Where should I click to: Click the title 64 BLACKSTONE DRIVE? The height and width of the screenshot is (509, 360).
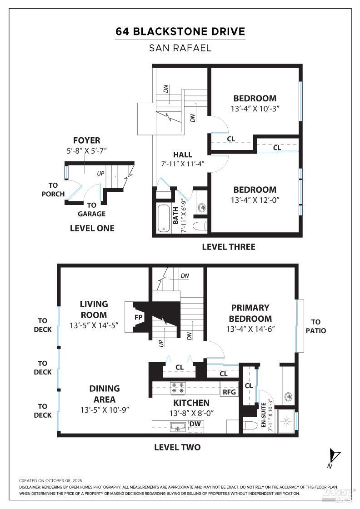tap(180, 31)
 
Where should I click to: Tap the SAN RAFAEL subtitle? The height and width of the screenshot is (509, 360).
tap(180, 48)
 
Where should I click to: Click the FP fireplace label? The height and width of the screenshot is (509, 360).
tap(138, 317)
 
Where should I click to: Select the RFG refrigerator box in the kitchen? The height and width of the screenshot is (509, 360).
tap(229, 391)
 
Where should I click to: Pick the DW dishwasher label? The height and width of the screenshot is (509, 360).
tap(195, 424)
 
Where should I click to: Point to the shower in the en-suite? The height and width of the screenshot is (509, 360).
tap(286, 421)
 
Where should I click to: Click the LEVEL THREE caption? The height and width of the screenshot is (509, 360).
tap(229, 247)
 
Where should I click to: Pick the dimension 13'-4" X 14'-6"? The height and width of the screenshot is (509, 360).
tap(250, 329)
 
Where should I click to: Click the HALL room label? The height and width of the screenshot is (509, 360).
tap(182, 155)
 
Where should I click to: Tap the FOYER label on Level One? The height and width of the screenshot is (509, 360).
tap(87, 140)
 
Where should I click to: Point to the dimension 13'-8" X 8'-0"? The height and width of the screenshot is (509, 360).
tap(191, 413)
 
